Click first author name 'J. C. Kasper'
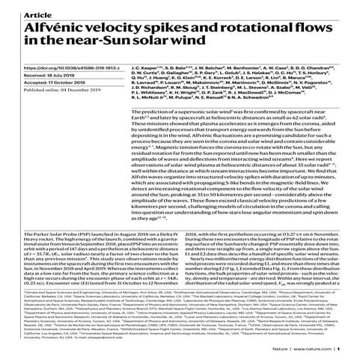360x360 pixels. pos(166,66)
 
